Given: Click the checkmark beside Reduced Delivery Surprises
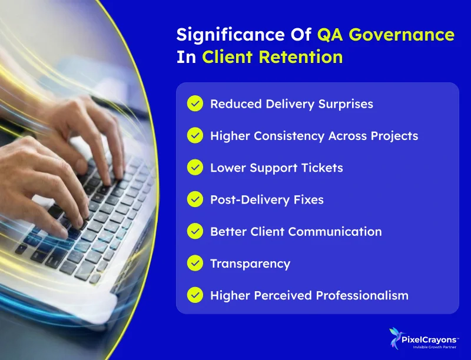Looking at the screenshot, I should pos(195,104).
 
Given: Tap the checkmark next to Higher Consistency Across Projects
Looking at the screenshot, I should pos(195,136).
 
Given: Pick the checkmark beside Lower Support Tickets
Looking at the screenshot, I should pos(195,168).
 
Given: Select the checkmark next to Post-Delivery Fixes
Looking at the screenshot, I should pos(195,199).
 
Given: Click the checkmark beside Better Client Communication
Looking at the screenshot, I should pos(195,232).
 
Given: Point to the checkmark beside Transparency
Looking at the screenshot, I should pos(195,264).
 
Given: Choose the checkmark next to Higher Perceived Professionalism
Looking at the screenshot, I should pos(195,295).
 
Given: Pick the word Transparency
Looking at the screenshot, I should pos(250,264).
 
